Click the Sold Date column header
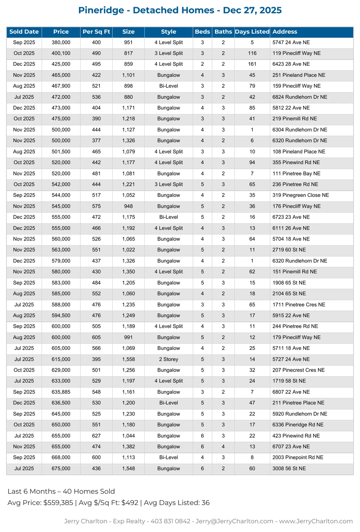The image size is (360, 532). coord(24,32)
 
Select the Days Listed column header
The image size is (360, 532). coord(252,32)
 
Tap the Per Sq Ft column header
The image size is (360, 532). coord(96,32)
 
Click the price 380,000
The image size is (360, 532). coord(61,42)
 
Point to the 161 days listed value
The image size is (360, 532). coord(252,64)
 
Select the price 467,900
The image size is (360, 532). coord(61,86)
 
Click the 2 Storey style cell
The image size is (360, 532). coord(168,359)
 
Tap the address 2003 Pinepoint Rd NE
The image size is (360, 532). coord(298,457)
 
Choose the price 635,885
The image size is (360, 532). coord(61,392)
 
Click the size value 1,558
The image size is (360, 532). coord(128,359)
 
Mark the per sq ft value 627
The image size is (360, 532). coord(96,436)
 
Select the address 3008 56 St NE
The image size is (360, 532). coord(289,468)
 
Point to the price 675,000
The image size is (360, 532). coord(61,468)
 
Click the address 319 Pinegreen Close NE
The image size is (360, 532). coord(300,195)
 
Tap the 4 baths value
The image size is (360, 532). coord(223,447)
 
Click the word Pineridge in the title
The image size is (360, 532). coord(101,10)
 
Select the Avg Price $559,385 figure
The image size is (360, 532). coord(58,503)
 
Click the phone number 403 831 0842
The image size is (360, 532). coord(170,521)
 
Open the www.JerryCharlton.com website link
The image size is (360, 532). coord(316,521)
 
